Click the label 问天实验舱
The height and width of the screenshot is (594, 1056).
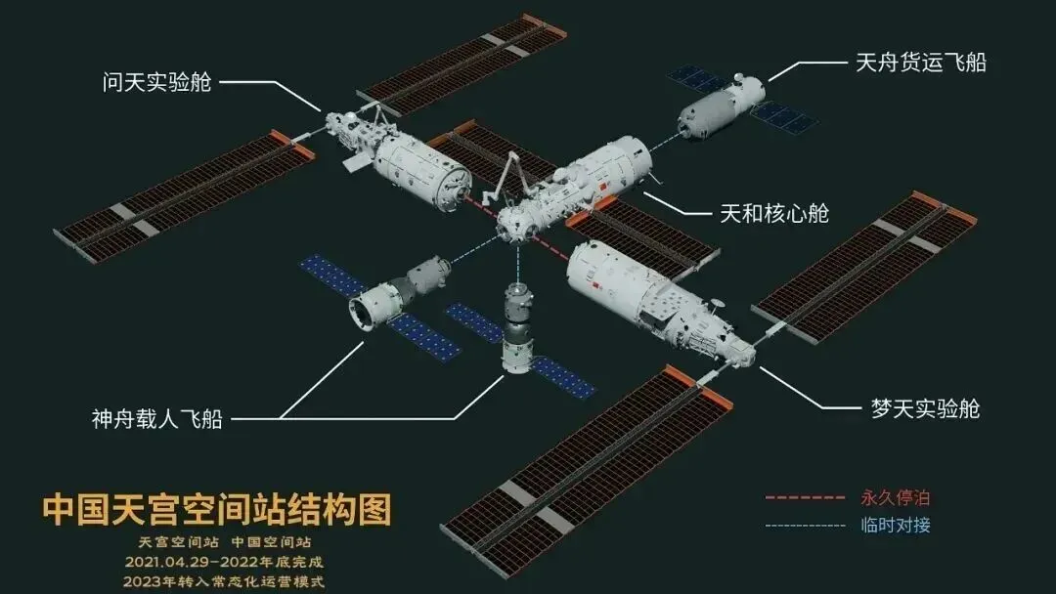point(156,80)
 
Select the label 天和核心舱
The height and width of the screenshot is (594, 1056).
point(773,213)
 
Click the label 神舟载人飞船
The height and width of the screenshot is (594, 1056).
point(157,419)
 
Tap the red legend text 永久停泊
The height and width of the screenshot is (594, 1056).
point(896,496)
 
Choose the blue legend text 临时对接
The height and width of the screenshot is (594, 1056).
point(896,525)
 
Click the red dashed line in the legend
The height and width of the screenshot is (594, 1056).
point(805,497)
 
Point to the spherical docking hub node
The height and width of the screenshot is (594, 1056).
point(515,223)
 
